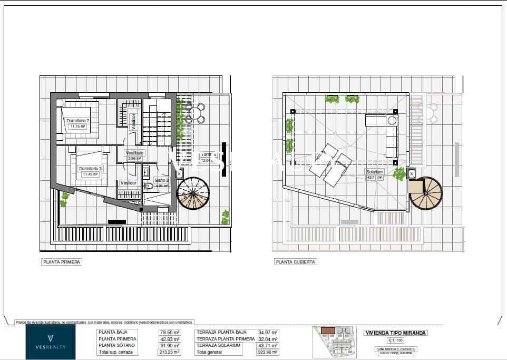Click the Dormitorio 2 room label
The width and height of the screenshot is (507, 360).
pyautogui.click(x=78, y=121)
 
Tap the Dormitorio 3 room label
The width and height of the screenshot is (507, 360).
pyautogui.click(x=90, y=168)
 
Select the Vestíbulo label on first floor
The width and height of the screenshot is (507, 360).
pyautogui.click(x=134, y=153)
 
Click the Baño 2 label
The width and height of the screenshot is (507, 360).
pyautogui.click(x=161, y=180)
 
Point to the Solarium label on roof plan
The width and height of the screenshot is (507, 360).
pyautogui.click(x=374, y=172)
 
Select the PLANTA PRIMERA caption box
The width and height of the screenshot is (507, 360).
pyautogui.click(x=62, y=261)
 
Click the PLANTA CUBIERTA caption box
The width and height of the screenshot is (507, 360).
pyautogui.click(x=296, y=261)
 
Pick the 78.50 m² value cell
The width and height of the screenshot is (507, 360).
pyautogui.click(x=170, y=333)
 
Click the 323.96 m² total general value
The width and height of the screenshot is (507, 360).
pyautogui.click(x=268, y=352)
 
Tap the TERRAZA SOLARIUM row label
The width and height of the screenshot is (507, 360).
pyautogui.click(x=218, y=345)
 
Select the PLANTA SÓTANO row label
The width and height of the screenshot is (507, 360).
pyautogui.click(x=116, y=345)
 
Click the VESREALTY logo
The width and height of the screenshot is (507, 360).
pyautogui.click(x=51, y=342)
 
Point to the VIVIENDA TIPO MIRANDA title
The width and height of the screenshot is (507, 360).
pyautogui.click(x=396, y=333)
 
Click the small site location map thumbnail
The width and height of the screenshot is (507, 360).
pyautogui.click(x=335, y=342)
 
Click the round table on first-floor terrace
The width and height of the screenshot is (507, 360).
pyautogui.click(x=196, y=112)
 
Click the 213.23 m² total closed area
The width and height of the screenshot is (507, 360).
pyautogui.click(x=170, y=352)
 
